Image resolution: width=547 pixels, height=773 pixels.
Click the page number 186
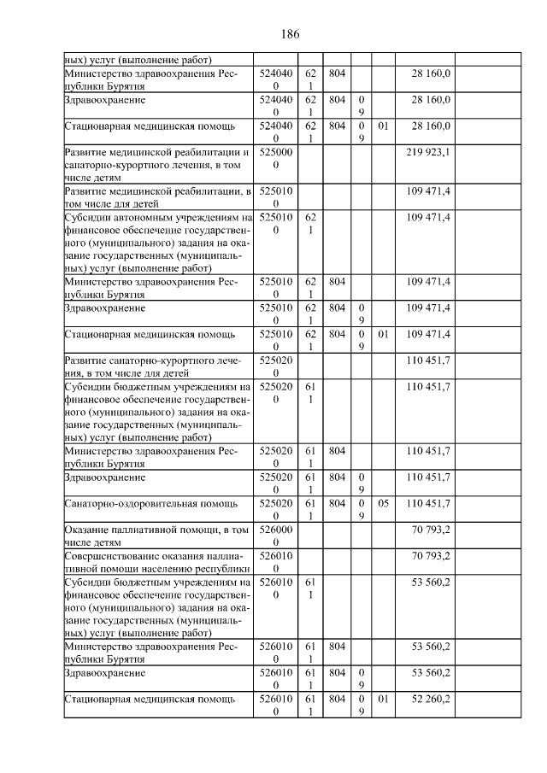[289, 35]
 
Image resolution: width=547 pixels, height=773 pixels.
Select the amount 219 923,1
[430, 152]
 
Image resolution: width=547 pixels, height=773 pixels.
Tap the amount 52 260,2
[430, 699]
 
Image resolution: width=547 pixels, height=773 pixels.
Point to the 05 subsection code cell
[383, 504]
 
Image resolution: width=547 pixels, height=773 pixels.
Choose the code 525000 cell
[275, 158]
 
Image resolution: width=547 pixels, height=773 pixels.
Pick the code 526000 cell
[275, 536]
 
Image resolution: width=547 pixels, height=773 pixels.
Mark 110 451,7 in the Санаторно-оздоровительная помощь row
[430, 504]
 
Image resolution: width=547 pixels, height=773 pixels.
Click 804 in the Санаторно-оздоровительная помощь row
[337, 504]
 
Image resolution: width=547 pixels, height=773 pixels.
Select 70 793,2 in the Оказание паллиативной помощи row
[430, 530]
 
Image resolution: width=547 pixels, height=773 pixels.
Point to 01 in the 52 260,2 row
[383, 699]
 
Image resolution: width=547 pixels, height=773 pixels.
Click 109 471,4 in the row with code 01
[430, 333]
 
